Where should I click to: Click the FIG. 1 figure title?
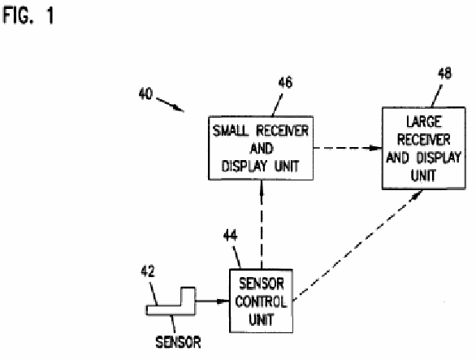pyautogui.click(x=28, y=15)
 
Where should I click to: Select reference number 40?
pyautogui.click(x=145, y=93)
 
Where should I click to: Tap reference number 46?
pyautogui.click(x=285, y=82)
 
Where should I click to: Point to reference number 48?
pyautogui.click(x=444, y=73)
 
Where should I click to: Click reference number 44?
pyautogui.click(x=231, y=236)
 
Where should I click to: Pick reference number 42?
pyautogui.click(x=148, y=271)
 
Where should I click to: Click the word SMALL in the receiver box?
pyautogui.click(x=231, y=131)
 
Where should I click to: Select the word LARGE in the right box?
pyautogui.click(x=424, y=122)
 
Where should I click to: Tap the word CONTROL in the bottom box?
pyautogui.click(x=261, y=301)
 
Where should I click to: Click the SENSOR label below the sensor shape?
pyautogui.click(x=178, y=342)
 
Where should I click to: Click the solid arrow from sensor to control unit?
pyautogui.click(x=213, y=301)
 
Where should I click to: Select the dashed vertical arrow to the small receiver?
pyautogui.click(x=262, y=225)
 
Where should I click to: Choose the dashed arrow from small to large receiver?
pyautogui.click(x=348, y=148)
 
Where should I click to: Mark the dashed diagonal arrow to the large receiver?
pyautogui.click(x=357, y=246)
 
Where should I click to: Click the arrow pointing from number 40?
pyautogui.click(x=170, y=105)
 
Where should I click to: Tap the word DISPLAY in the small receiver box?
pyautogui.click(x=245, y=166)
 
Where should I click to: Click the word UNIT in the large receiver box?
pyautogui.click(x=423, y=176)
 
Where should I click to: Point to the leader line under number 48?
pyautogui.click(x=436, y=97)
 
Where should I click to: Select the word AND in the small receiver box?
pyautogui.click(x=262, y=149)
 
